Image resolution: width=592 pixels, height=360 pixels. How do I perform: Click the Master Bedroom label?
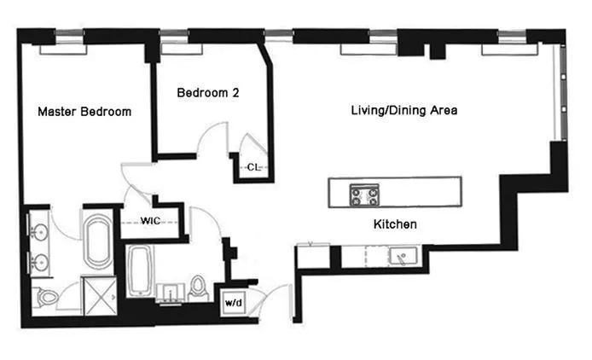point(84,111)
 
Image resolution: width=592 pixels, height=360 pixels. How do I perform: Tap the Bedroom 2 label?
point(207,94)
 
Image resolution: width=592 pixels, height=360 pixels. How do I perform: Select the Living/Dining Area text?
point(404,111)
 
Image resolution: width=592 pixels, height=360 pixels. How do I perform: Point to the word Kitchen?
point(394,224)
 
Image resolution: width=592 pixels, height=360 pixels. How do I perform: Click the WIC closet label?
point(151,221)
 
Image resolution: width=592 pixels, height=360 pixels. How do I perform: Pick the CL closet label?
point(253,167)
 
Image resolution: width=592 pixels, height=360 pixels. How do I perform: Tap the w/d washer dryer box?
point(233,302)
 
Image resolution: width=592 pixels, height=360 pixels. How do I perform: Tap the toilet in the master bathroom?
point(46,297)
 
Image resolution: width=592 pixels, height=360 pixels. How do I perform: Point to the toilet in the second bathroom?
point(199,286)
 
